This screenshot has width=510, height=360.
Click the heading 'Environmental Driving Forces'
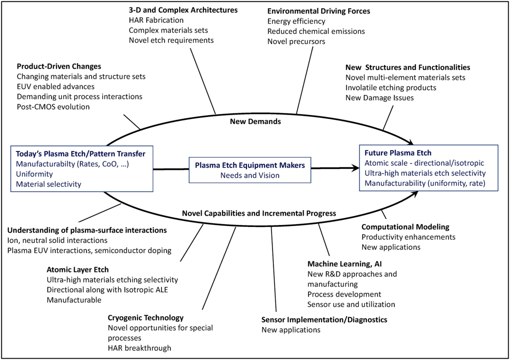coord(318,11)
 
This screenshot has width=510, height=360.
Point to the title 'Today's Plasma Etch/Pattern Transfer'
coord(80,154)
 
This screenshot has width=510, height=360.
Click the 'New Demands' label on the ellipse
coord(255,122)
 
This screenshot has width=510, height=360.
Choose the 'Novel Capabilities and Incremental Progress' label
coord(259,213)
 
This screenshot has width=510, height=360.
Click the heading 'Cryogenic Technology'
coord(145,318)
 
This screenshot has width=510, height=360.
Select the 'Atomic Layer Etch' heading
coord(77,270)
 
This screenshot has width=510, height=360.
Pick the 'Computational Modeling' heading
coord(405,227)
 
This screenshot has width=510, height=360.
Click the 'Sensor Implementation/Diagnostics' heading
coord(324,319)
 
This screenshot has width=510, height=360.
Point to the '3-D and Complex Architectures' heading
coord(183,10)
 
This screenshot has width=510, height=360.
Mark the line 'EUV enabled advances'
coord(56,86)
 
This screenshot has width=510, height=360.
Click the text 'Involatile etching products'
coord(391,88)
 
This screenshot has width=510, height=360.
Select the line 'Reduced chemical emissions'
coord(316,31)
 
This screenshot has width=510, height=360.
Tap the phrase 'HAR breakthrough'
coord(139,348)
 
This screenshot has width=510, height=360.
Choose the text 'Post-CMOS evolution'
coord(53,107)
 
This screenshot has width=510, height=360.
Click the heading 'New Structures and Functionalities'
coord(408,67)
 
